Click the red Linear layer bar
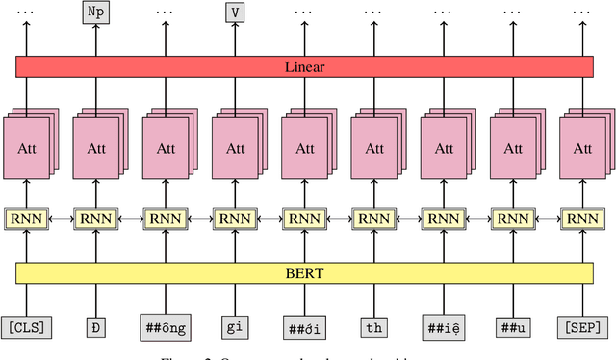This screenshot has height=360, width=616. pos(304,66)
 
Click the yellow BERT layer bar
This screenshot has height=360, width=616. pos(304,273)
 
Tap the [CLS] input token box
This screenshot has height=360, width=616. pos(27,327)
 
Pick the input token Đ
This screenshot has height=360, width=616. pos(96,327)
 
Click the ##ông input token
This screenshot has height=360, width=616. pos(166,327)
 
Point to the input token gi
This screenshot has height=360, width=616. pos(235,327)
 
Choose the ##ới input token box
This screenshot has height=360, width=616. pos(304,327)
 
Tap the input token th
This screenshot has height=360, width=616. pos(373,327)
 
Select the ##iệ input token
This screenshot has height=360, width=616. pos(443,327)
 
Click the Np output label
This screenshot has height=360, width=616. pos(96,13)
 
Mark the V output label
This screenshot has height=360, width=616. pos(235,13)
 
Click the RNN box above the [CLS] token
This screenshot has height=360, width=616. pos(27,219)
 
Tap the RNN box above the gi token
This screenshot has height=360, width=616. pos(235,219)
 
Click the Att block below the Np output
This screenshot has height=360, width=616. pos(96,149)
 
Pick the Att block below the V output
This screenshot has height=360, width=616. pos(235,149)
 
